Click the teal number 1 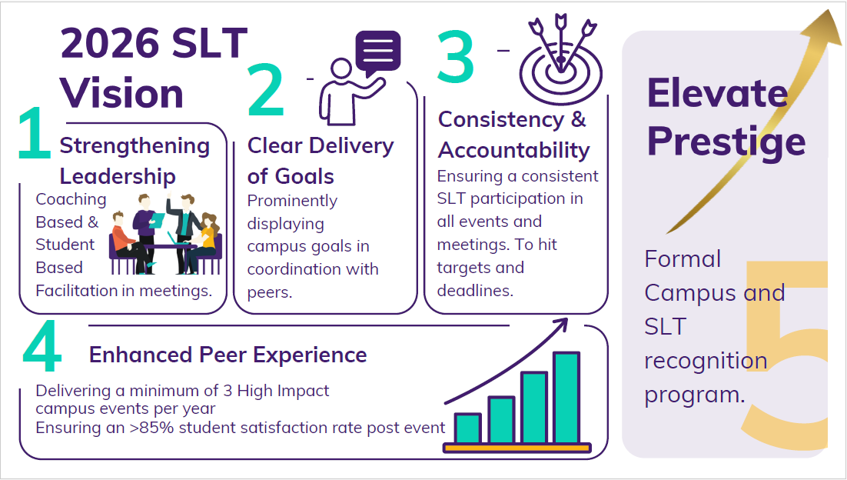click(35, 133)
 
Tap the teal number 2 click(266, 90)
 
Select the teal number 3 click(455, 57)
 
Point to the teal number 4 click(42, 346)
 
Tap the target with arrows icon click(561, 59)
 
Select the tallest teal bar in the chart click(566, 398)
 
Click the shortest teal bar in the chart click(468, 428)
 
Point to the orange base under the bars click(517, 448)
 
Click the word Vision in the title click(122, 94)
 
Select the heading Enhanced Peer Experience click(228, 355)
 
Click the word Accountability click(513, 151)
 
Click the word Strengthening click(135, 146)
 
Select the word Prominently click(292, 201)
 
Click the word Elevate click(717, 94)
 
